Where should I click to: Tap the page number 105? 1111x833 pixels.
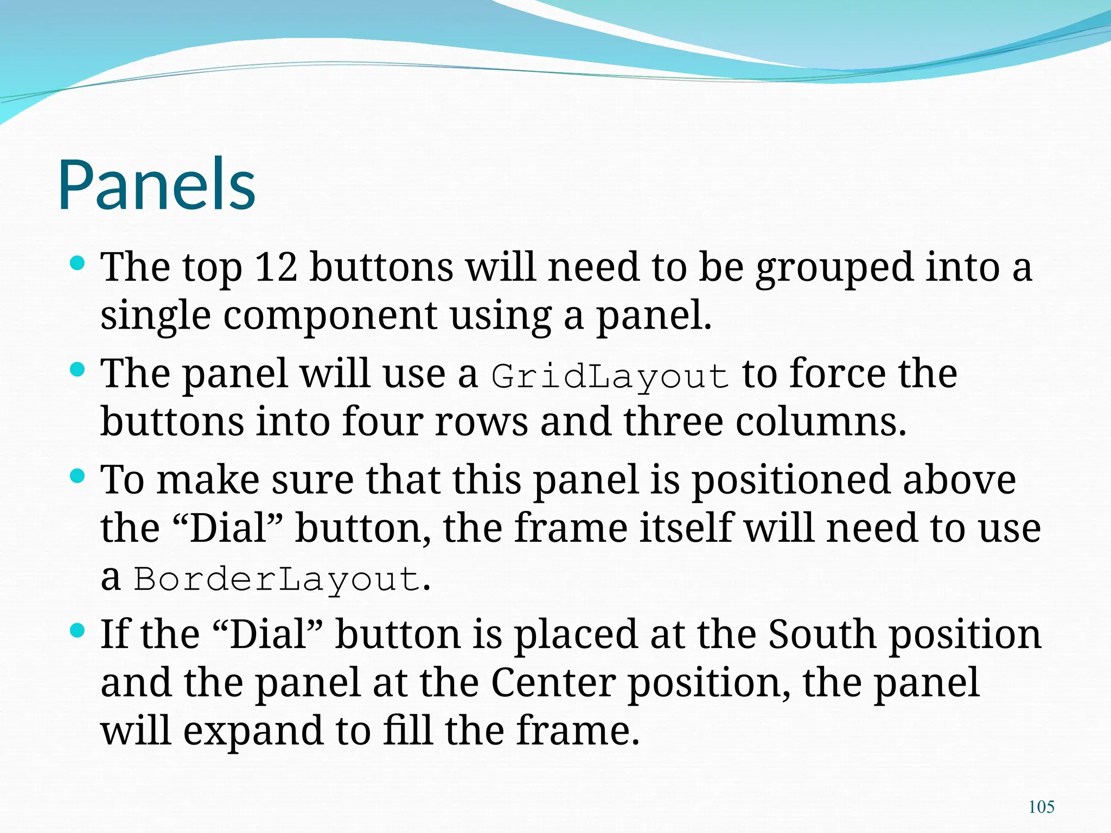coord(1041,807)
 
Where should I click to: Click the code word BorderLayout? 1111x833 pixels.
coord(277,579)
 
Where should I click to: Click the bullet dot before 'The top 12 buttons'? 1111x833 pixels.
coord(78,264)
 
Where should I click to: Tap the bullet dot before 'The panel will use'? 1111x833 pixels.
coord(78,370)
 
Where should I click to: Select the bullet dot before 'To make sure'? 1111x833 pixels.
coord(78,477)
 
